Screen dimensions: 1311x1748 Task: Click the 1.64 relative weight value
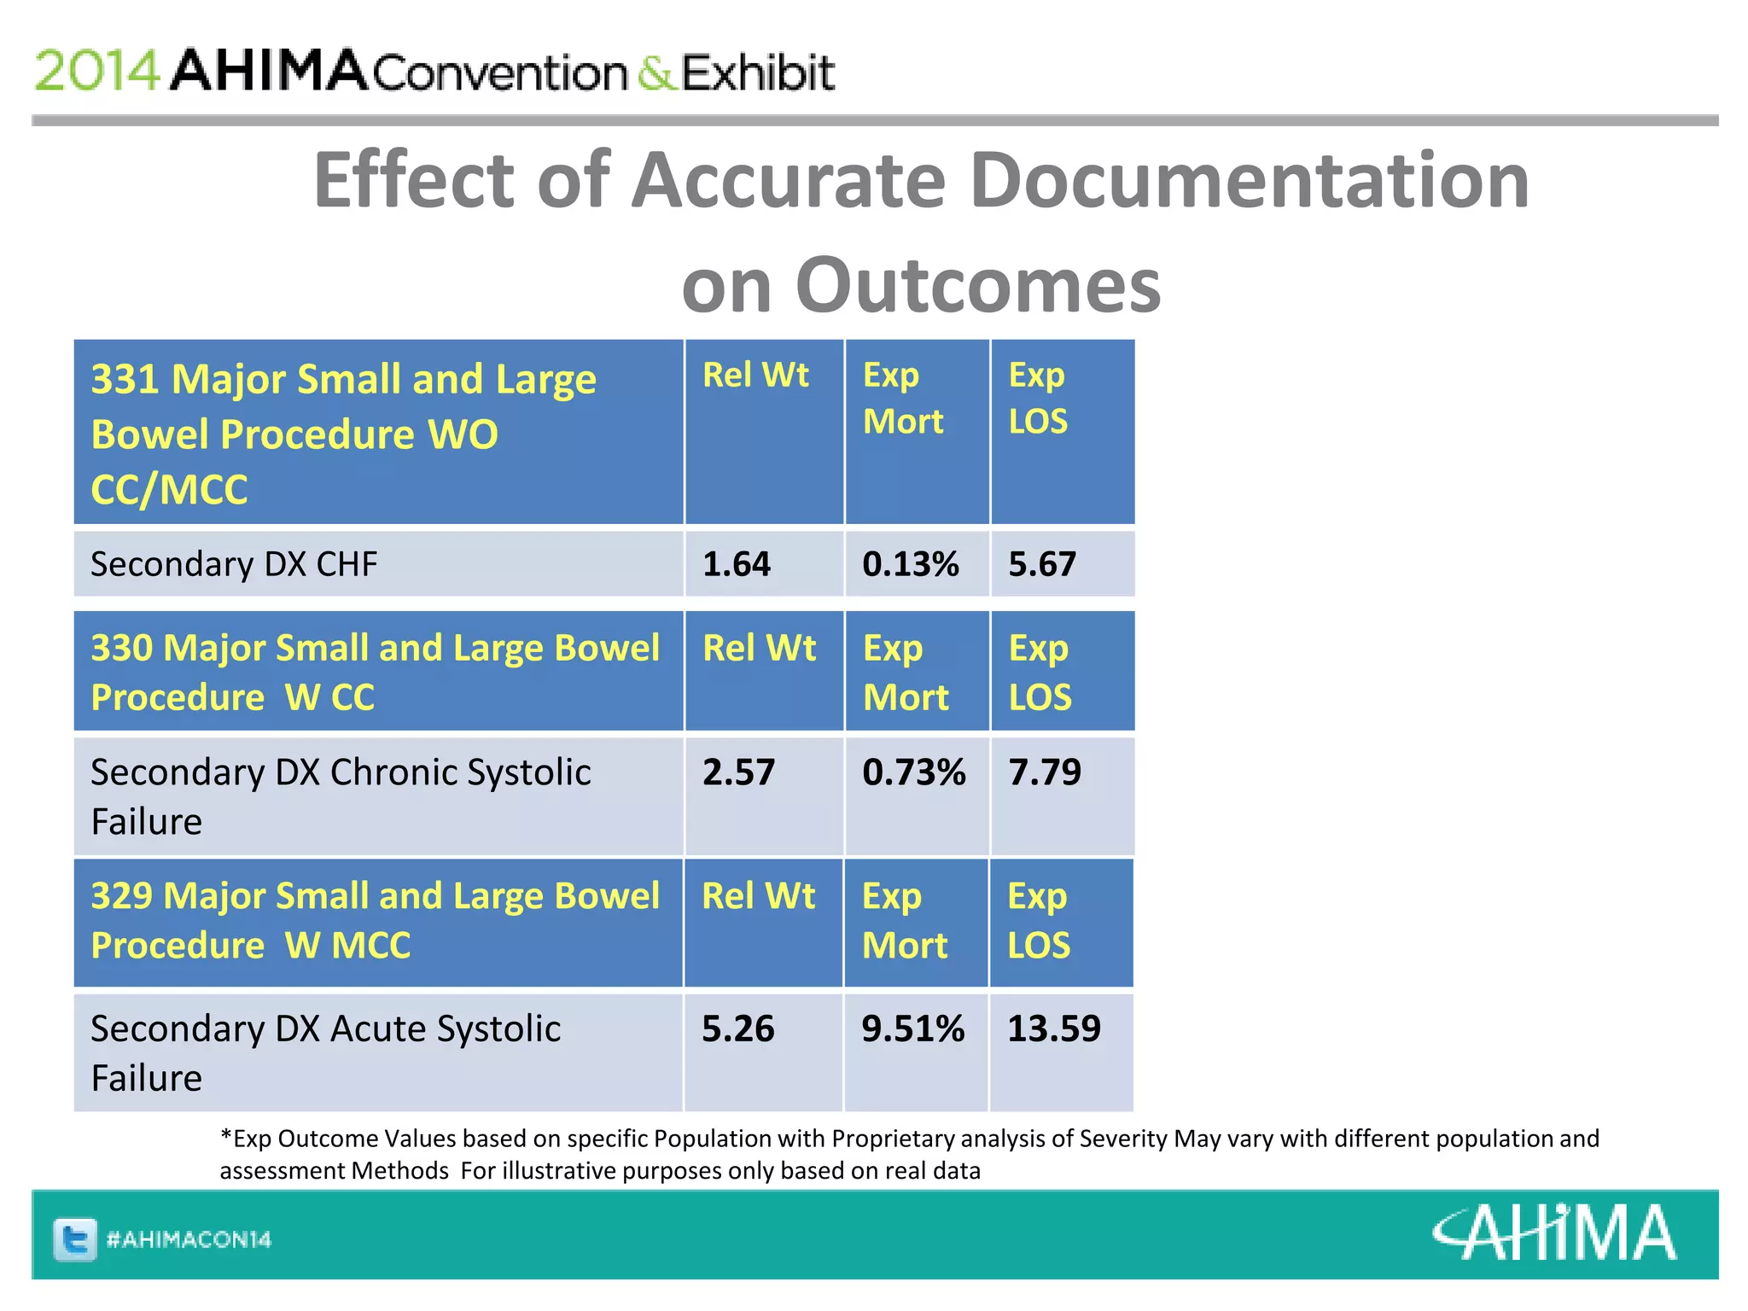736,564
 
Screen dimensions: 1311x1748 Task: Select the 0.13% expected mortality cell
910,564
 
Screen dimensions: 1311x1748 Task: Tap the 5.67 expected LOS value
1042,564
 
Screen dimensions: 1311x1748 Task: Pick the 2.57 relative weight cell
738,772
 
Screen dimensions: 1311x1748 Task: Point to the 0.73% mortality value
913,772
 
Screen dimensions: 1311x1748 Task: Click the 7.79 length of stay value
1045,772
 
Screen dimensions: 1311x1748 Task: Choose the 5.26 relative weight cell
737,1028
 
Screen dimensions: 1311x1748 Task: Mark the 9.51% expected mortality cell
912,1028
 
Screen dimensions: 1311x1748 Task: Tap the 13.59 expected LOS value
1054,1028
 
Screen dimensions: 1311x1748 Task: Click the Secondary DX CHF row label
234,564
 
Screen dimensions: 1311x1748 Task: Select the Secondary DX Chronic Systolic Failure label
340,796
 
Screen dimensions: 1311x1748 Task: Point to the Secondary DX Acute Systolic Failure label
325,1052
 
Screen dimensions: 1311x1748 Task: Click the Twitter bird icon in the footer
75,1238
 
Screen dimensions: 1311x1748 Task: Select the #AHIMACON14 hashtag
189,1239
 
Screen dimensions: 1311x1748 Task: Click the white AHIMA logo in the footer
1554,1232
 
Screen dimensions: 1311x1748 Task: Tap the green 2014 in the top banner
96,70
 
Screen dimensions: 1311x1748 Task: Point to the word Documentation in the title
1249,180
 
